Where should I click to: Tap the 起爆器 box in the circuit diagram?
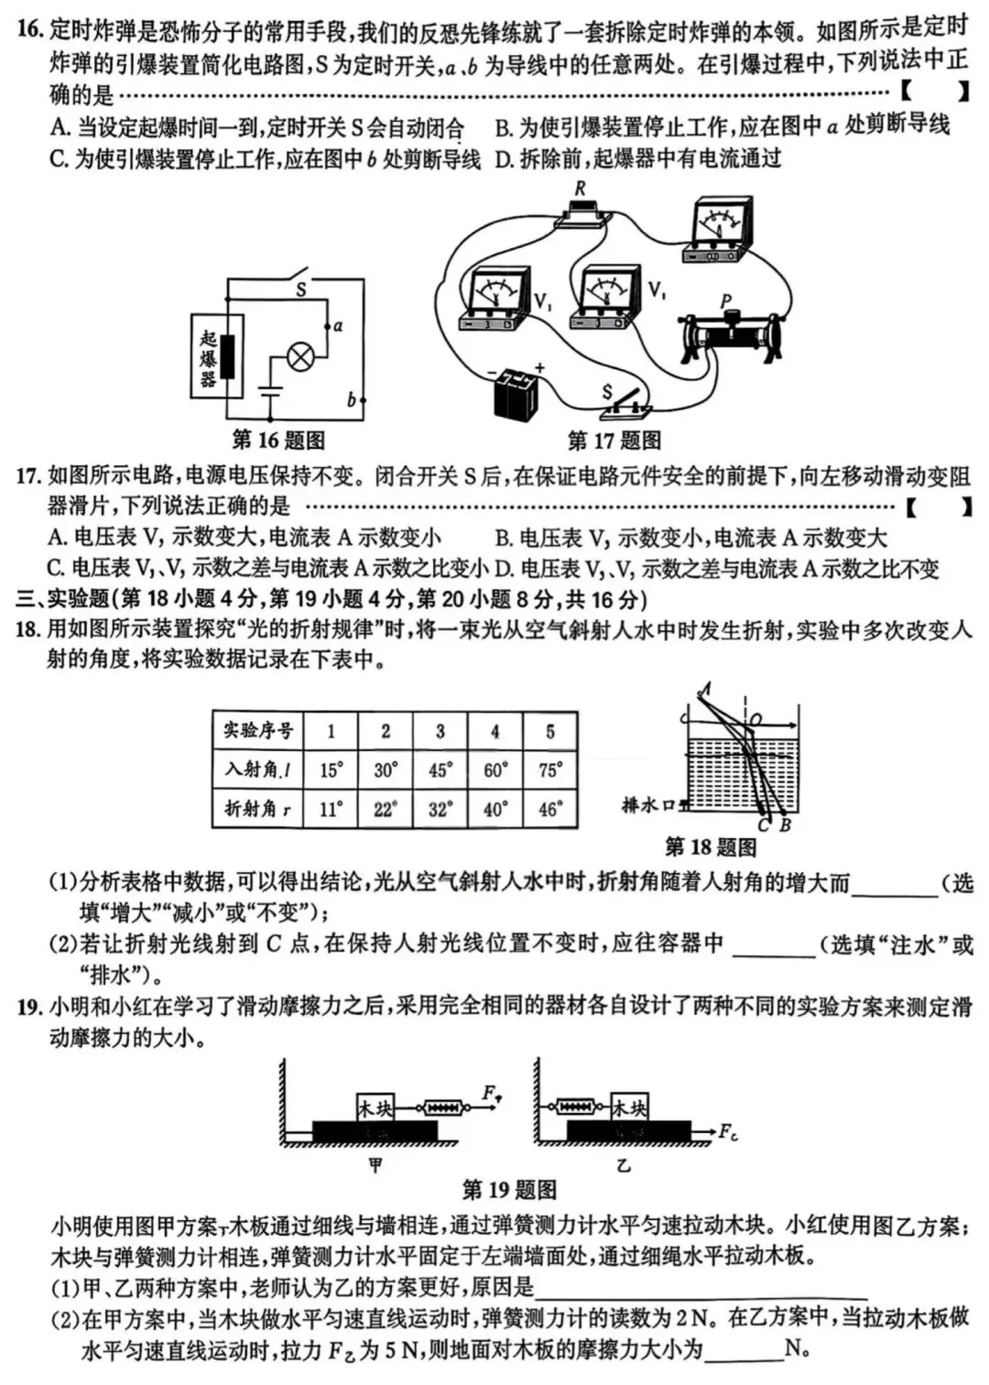click(x=217, y=356)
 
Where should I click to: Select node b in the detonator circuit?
click(x=363, y=400)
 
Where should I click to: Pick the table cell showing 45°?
click(x=440, y=770)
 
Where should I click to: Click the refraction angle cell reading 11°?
click(x=331, y=809)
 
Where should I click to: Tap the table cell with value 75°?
click(x=549, y=770)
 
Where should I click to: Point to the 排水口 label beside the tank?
click(x=647, y=804)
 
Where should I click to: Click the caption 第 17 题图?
click(x=614, y=441)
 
